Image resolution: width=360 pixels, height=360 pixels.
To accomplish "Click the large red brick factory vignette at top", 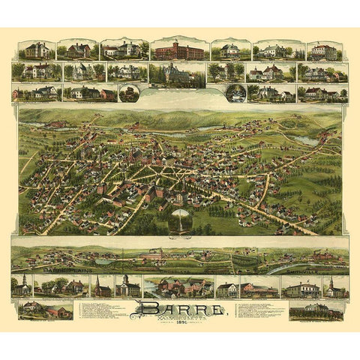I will click(x=178, y=50).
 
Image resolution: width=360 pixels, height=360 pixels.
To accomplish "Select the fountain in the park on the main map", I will click(x=180, y=219).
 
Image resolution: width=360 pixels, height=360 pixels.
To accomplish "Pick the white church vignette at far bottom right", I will click(x=335, y=286).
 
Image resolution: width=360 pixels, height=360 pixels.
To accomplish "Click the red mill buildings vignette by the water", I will click(x=178, y=286).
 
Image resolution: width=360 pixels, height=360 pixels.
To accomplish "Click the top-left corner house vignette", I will click(x=36, y=50).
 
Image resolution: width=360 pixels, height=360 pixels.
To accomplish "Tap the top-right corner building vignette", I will click(x=323, y=51).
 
